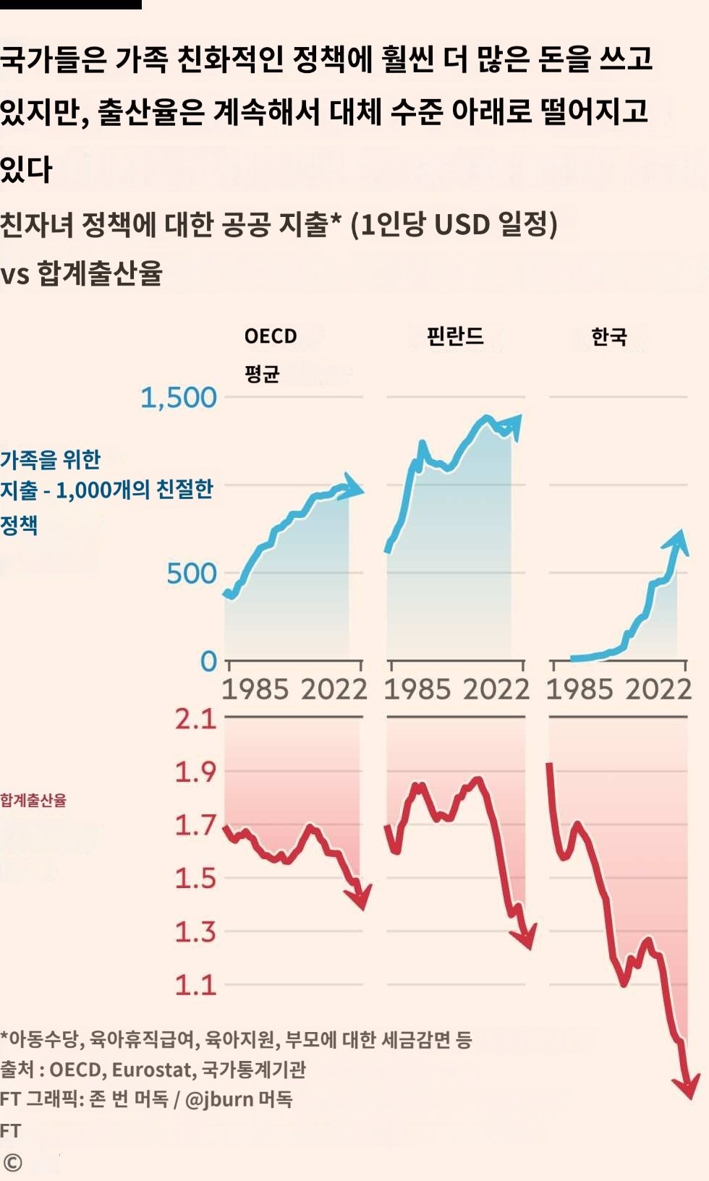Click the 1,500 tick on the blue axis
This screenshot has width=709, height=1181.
pos(179,398)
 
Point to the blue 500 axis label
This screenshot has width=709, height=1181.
pos(192,574)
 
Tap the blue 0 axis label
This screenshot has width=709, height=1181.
pos(208,661)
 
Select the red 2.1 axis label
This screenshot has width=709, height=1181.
pos(195,719)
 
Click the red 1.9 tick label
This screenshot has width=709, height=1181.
pos(195,772)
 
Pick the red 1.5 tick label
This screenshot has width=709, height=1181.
pos(195,878)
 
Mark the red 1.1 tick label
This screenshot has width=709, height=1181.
pos(195,984)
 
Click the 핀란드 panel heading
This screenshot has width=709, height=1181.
pos(455,336)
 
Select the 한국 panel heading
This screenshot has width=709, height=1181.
pos(609,336)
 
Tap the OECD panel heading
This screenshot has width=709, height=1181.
pos(271,337)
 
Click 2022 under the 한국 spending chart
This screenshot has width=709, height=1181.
pos(659,689)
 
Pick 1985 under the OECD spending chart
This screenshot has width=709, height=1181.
pos(255,689)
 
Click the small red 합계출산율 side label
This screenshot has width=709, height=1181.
pos(33,801)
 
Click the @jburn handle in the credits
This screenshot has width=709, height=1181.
pos(219,1099)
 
